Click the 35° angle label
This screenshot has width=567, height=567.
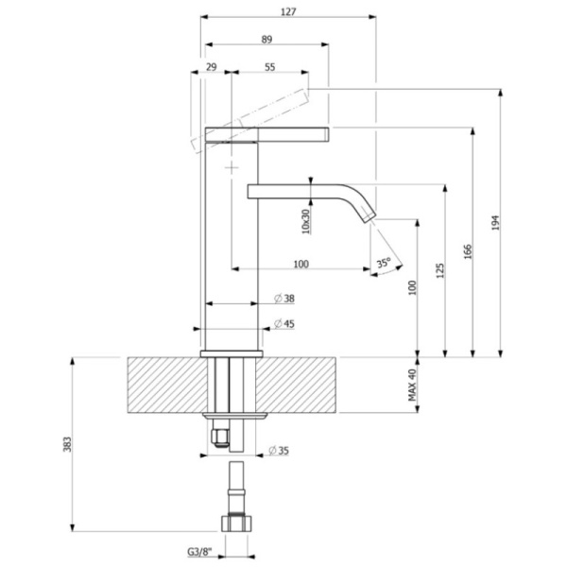383,265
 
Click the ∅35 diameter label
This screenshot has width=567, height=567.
279,450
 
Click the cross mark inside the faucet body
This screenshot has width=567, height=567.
232,165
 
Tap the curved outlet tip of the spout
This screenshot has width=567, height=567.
367,215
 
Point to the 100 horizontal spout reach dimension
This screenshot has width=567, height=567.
301,263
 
